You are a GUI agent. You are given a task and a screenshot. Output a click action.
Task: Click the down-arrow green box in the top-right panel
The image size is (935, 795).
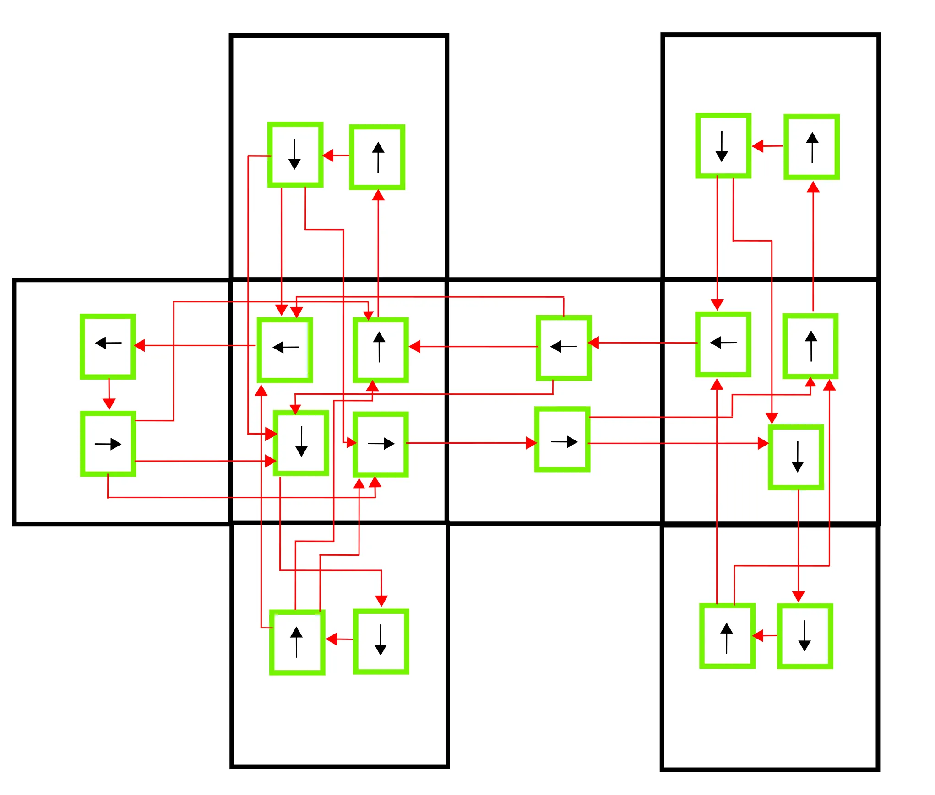[723, 145]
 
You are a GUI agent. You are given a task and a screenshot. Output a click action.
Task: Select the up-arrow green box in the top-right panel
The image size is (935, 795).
[811, 147]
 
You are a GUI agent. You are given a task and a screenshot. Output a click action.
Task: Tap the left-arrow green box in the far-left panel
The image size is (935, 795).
[108, 346]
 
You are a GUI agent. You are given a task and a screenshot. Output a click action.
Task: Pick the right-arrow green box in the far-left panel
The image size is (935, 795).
[108, 443]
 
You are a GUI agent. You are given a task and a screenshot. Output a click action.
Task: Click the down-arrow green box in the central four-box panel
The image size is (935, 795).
[301, 443]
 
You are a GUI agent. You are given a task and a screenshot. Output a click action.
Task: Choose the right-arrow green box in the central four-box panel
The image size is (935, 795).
[381, 444]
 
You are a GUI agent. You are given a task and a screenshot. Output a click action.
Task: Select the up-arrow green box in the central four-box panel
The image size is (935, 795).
[381, 350]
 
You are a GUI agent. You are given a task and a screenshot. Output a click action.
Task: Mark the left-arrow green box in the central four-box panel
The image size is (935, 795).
[285, 350]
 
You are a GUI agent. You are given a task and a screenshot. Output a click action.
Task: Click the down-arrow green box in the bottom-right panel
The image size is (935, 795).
[805, 636]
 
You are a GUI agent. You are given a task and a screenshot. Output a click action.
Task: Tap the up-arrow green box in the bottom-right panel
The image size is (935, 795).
[727, 636]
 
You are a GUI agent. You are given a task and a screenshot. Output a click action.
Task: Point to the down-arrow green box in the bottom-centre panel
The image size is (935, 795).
[381, 641]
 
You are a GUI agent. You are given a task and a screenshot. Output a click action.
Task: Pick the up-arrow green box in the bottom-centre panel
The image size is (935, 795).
[297, 642]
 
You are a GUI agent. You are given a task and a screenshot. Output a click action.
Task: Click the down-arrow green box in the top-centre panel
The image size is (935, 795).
[295, 155]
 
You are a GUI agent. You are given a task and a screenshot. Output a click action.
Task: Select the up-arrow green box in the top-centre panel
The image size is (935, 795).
[377, 157]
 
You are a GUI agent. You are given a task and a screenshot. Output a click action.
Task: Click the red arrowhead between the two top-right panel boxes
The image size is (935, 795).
[758, 146]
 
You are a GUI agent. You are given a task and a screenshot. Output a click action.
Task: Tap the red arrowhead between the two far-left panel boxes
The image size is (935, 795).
[109, 404]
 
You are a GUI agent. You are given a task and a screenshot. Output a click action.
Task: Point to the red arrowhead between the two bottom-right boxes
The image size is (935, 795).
[758, 636]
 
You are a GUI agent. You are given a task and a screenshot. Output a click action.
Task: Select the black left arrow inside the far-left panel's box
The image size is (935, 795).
[108, 343]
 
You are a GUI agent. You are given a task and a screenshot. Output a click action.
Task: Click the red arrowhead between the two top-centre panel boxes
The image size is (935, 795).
[328, 156]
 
